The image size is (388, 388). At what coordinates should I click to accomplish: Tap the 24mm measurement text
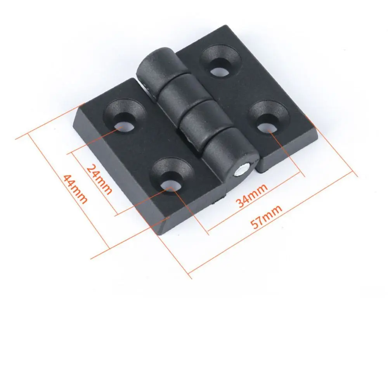click(99, 179)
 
